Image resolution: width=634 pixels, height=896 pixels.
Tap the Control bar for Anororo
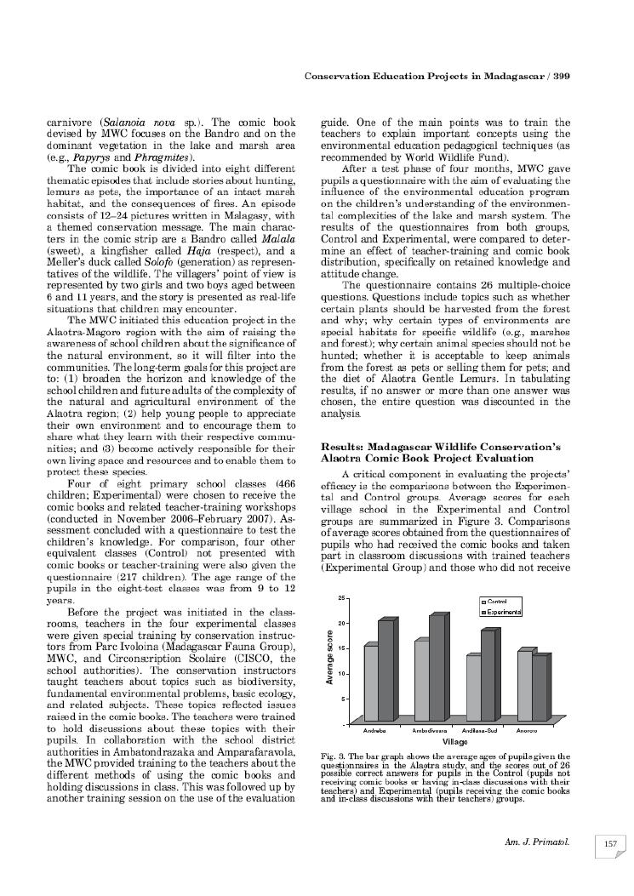523,687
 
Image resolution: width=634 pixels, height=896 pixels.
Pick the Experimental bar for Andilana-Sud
488,676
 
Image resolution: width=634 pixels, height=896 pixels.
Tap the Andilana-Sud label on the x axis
480,731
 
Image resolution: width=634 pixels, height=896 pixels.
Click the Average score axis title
328,658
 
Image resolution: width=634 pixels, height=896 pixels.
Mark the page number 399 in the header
560,77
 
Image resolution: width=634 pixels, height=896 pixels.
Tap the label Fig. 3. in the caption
332,756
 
